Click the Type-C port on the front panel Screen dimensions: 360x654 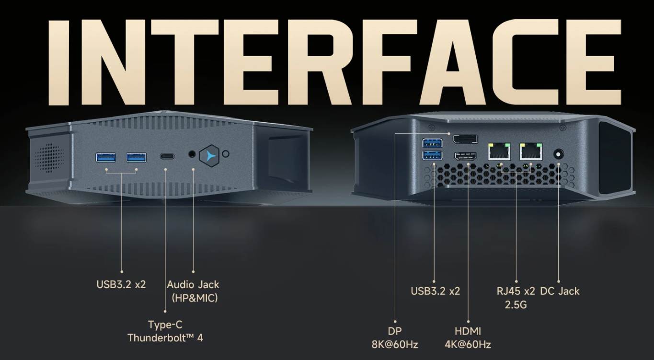click(167, 156)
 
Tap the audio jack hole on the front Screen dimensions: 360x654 click(193, 154)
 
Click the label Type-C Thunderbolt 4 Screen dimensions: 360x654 click(165, 331)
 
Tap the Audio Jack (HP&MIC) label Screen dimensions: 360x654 click(193, 291)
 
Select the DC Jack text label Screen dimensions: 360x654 click(560, 291)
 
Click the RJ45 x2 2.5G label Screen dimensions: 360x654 click(516, 297)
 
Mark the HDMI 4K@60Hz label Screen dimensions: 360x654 click(468, 337)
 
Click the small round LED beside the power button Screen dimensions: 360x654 click(226, 154)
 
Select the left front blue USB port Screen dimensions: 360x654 click(106, 157)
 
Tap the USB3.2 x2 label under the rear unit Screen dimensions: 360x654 click(436, 291)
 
